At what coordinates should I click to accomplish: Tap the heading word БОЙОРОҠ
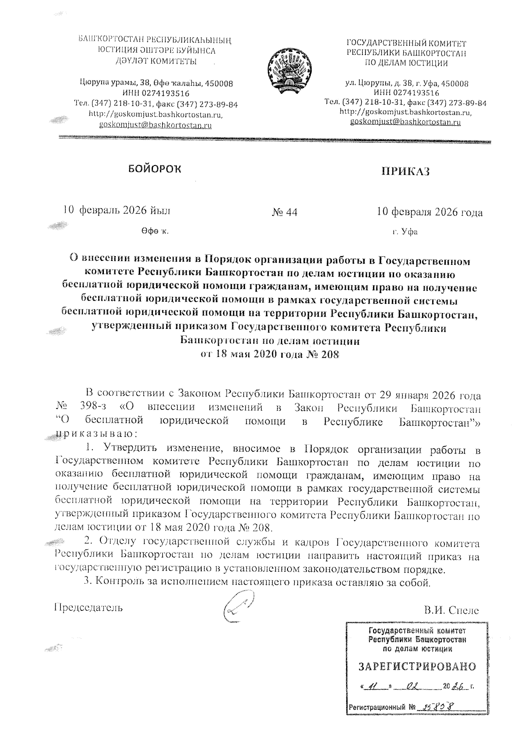coord(154,169)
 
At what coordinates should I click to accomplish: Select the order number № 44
coord(284,212)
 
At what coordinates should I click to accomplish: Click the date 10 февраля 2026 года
coord(430,212)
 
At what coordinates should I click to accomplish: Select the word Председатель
coord(88,608)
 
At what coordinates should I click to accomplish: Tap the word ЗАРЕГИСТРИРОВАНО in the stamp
coord(417,667)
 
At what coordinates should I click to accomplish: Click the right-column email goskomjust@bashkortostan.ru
coord(405,122)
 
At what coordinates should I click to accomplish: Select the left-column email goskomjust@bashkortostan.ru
coord(156,125)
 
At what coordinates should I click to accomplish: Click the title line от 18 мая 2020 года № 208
coord(270,354)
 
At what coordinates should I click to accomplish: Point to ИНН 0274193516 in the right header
coord(406,93)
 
